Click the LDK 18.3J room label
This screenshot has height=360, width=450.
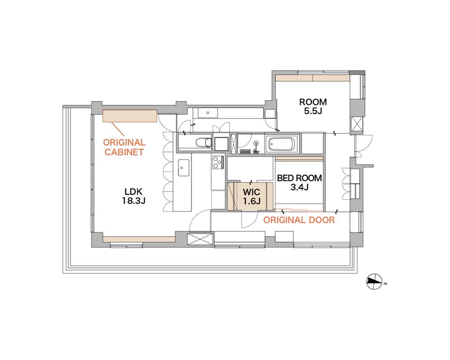coord(134,196)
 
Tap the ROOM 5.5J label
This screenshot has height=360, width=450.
coord(313,106)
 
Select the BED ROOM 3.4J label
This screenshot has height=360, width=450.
coord(299,183)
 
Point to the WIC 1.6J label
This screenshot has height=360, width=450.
coord(252,196)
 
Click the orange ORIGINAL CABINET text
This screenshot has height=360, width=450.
coord(124,147)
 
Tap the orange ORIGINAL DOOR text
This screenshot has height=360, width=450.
coord(299,220)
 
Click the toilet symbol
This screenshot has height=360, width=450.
coord(203,142)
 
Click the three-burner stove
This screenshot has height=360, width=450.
coord(218,162)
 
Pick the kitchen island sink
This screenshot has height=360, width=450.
coord(184,168)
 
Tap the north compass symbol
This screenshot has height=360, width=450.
coord(374,281)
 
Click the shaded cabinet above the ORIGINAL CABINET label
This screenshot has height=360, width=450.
coord(130,116)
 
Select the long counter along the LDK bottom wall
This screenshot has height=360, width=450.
coord(139,239)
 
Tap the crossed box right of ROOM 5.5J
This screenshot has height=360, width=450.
coord(357,124)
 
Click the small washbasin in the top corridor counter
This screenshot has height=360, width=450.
coord(208,113)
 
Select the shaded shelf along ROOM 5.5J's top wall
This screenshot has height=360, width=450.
coord(313,78)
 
